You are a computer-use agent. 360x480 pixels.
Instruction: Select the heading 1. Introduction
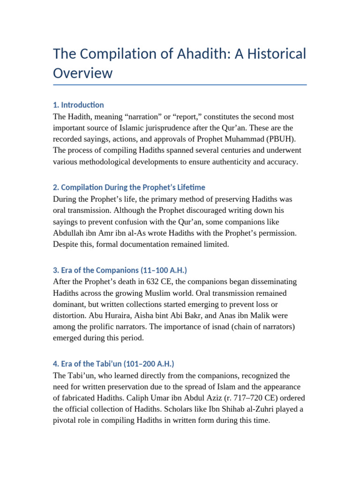pyautogui.click(x=78, y=105)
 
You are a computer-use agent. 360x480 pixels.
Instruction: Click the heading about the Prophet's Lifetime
pyautogui.click(x=129, y=187)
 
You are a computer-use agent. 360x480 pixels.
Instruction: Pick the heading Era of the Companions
pyautogui.click(x=120, y=270)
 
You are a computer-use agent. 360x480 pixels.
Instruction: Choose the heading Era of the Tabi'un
pyautogui.click(x=114, y=364)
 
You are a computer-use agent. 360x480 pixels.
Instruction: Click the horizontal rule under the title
pyautogui.click(x=180, y=85)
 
